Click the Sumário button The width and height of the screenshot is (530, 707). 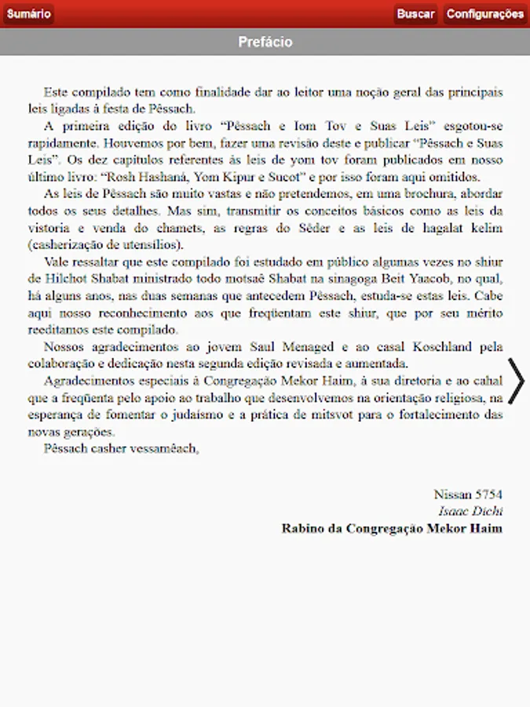tap(28, 14)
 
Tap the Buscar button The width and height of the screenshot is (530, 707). tap(415, 14)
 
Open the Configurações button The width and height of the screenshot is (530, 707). tap(484, 14)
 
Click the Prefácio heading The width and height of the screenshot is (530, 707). tap(265, 42)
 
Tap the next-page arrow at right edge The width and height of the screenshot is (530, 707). tap(517, 380)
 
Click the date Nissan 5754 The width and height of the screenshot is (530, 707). tap(468, 495)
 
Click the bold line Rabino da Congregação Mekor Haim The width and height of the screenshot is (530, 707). tap(392, 529)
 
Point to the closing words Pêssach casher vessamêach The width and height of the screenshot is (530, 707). tap(122, 449)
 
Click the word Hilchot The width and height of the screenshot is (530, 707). tap(70, 279)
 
